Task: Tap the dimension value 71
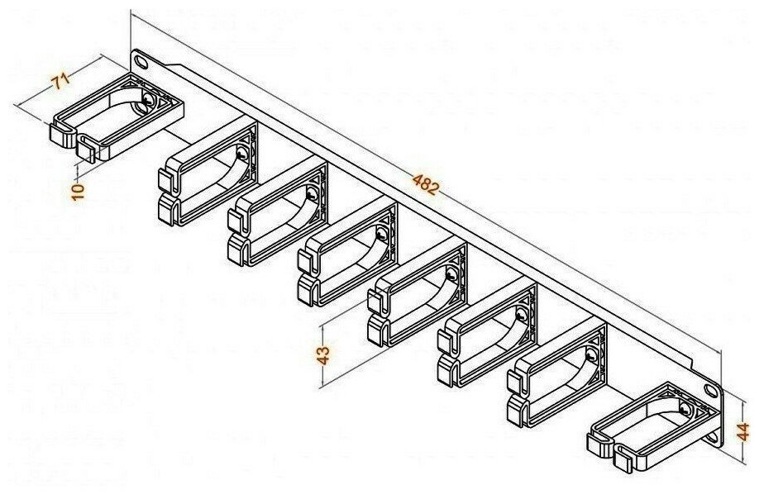coord(60,81)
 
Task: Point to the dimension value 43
coord(323,355)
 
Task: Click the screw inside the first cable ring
coord(148,100)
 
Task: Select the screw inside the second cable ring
coord(241,154)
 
